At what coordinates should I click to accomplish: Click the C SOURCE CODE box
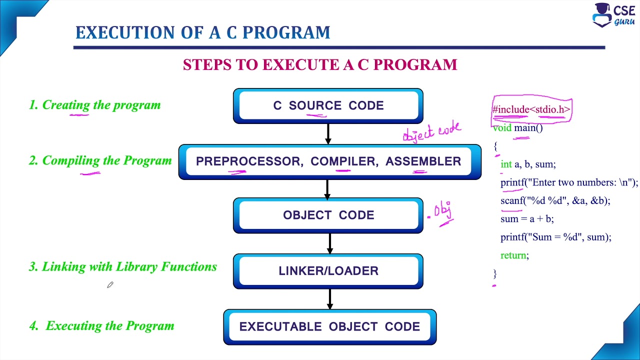[328, 106]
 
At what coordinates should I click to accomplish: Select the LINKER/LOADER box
[328, 271]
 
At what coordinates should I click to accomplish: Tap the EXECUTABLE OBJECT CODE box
[329, 326]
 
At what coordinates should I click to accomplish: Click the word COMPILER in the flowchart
[343, 161]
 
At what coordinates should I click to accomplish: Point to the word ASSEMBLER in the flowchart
[423, 161]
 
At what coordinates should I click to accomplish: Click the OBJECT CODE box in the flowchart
[328, 215]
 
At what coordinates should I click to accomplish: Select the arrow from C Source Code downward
[328, 134]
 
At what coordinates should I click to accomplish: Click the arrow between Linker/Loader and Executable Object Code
[329, 299]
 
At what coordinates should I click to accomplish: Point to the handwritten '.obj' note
[442, 210]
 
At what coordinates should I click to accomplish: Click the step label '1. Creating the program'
[95, 105]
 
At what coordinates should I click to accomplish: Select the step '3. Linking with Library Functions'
[123, 267]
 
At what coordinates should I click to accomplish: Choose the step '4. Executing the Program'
[102, 326]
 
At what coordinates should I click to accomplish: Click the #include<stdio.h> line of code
[531, 109]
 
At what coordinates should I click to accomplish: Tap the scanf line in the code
[555, 200]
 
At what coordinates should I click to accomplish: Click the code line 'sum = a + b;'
[527, 219]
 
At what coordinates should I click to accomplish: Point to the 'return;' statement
[514, 255]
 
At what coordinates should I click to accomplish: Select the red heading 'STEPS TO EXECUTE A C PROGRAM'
[320, 65]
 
